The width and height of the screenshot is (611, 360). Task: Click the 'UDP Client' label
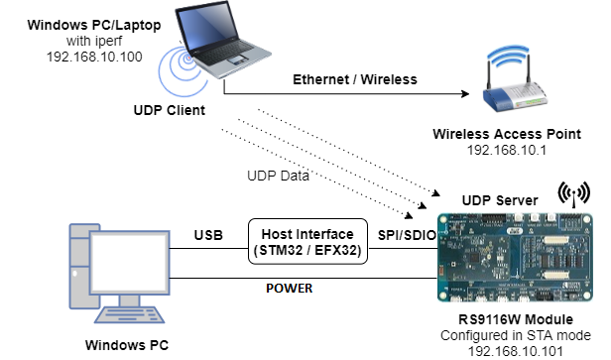click(171, 110)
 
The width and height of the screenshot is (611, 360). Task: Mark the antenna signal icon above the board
click(574, 192)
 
